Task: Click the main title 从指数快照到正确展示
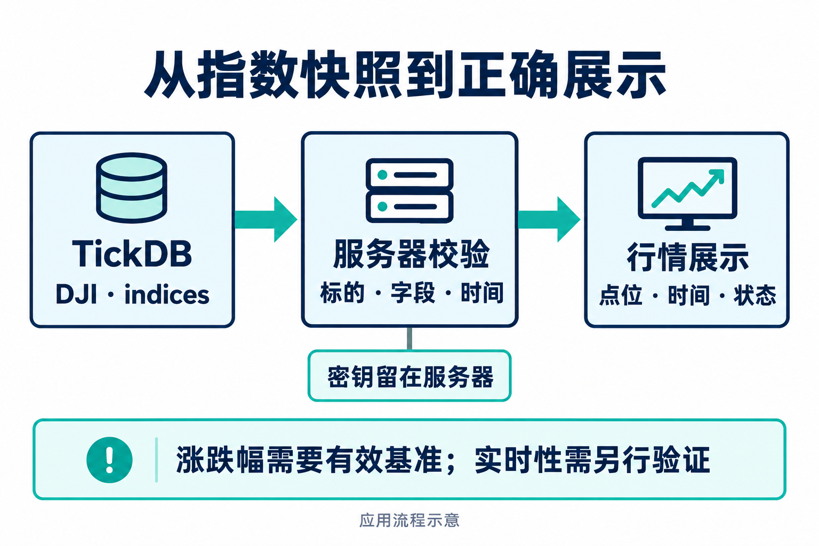point(405,75)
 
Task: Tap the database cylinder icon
point(132,188)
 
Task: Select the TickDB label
point(132,254)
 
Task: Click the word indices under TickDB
point(167,295)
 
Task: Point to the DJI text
point(76,295)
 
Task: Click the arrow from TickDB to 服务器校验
point(266,220)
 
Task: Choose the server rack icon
point(409,190)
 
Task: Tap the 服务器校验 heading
point(411,254)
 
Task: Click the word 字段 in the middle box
point(413,293)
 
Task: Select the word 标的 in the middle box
point(342,293)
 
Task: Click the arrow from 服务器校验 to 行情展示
point(549,220)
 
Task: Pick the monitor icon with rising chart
point(687,194)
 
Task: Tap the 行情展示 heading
point(687,258)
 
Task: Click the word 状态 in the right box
point(754,295)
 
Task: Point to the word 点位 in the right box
point(621,295)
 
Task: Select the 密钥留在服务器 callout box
point(409,376)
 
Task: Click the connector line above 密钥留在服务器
point(409,339)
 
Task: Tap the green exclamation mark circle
point(109,460)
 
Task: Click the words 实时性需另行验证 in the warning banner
point(592,460)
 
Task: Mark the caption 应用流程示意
point(409,520)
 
